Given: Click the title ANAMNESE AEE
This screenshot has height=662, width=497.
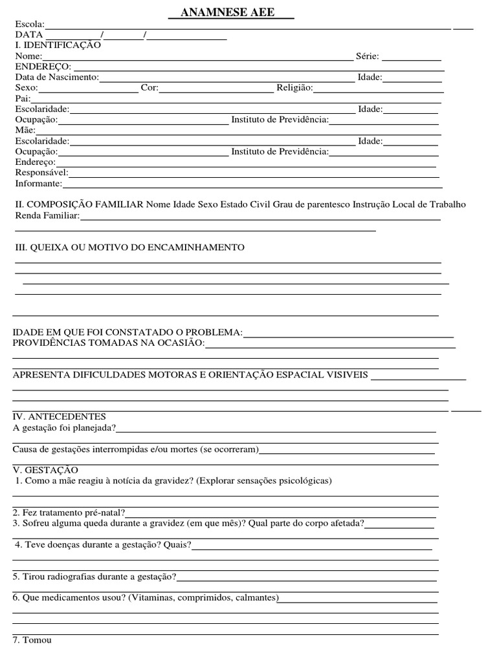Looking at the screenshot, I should (230, 14).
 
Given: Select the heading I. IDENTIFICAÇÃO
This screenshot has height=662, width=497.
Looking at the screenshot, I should (58, 45).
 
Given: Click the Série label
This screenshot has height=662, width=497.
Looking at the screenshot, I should (368, 56).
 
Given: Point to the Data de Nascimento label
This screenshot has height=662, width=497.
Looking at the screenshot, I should (57, 77).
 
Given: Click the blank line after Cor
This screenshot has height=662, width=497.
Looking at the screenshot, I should (216, 88).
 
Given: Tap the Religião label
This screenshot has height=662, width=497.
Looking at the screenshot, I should (295, 88).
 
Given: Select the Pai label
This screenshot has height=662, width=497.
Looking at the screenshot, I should (22, 98).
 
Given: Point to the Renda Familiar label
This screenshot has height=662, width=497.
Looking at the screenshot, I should (47, 215).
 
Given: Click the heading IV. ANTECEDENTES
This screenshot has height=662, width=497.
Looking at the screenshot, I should (60, 416).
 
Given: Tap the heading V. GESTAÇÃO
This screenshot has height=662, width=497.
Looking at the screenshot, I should (45, 469).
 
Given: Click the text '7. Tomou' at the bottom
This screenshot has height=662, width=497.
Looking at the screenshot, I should (32, 640).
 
